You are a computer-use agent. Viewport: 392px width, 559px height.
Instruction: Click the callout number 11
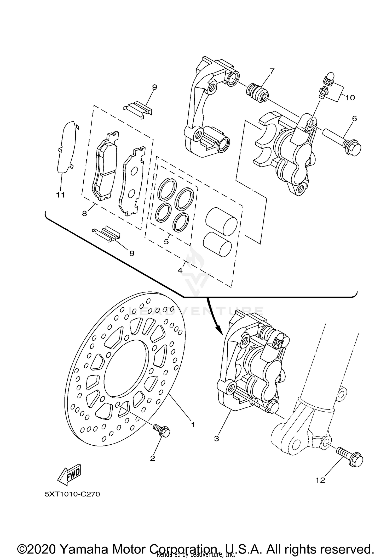[x=61, y=195]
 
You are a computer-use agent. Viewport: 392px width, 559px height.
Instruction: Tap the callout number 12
[x=320, y=480]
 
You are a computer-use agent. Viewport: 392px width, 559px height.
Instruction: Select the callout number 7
[x=272, y=71]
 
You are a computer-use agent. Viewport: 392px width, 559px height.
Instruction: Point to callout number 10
[x=350, y=98]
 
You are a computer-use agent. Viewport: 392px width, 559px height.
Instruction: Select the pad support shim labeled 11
[x=66, y=148]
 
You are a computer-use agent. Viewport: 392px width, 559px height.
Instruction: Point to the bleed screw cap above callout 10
[x=329, y=76]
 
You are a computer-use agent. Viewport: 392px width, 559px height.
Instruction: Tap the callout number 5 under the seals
[x=166, y=241]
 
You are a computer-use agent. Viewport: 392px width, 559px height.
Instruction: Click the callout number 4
[x=180, y=270]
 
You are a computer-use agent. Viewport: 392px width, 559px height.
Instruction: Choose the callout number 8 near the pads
[x=84, y=214]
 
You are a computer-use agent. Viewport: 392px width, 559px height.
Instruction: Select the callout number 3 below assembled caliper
[x=216, y=438]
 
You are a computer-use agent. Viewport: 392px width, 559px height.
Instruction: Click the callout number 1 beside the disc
[x=193, y=424]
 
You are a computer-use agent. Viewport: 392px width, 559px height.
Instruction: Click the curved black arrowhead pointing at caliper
[x=217, y=330]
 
